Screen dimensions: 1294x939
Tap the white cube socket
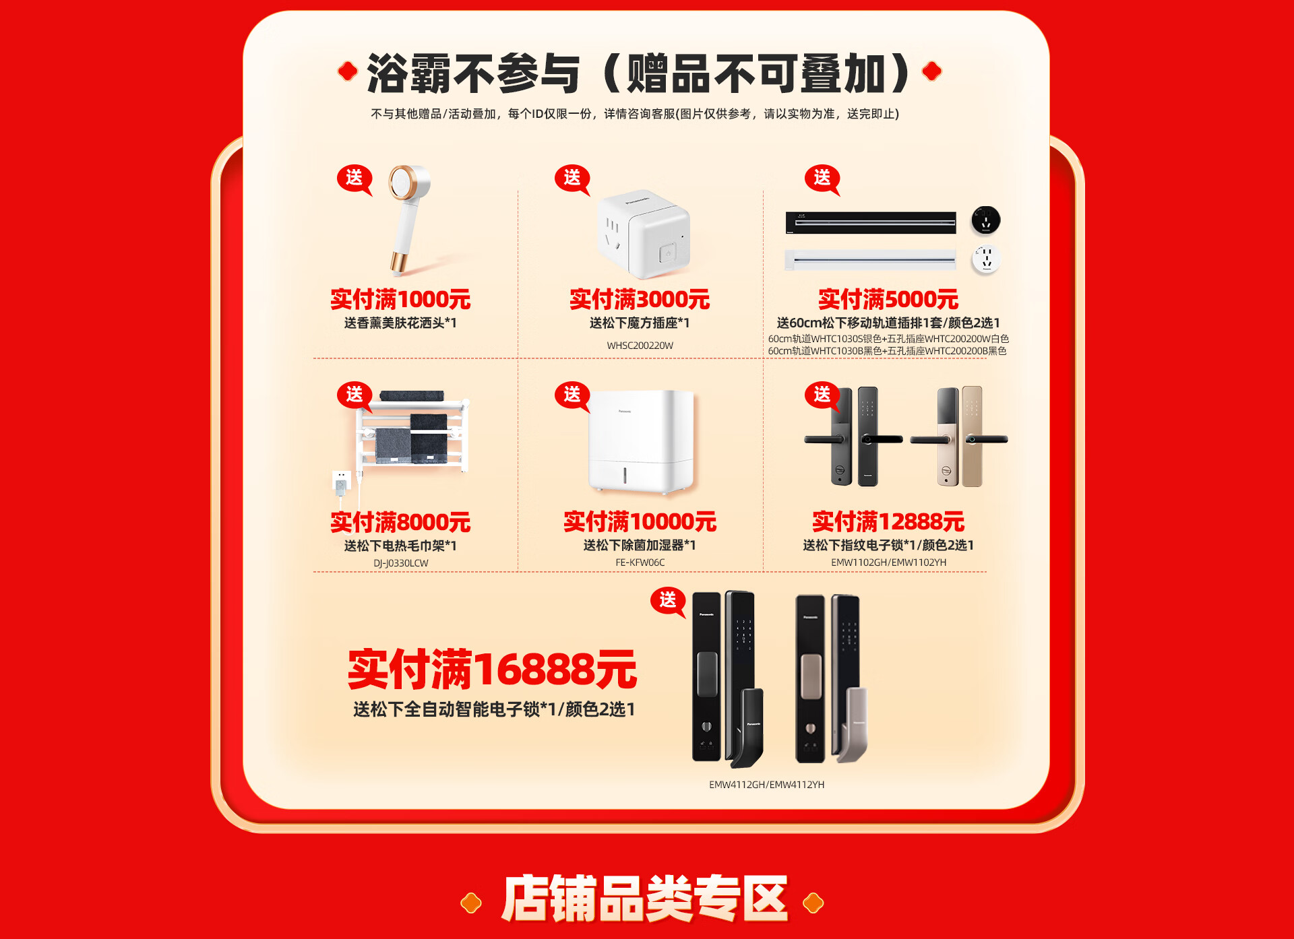[x=644, y=234]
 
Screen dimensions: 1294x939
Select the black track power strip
[x=871, y=222]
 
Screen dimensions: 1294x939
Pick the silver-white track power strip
[x=870, y=259]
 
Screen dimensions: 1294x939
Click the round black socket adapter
[x=985, y=220]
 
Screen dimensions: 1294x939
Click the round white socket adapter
[x=985, y=259]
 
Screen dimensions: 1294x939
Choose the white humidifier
[x=641, y=442]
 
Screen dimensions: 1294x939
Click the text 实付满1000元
[x=400, y=299]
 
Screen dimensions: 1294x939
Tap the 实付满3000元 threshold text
[x=640, y=299]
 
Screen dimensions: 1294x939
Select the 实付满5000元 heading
[x=888, y=299]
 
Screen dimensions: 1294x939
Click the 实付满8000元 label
[x=400, y=522]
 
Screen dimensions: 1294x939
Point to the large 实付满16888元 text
[x=492, y=670]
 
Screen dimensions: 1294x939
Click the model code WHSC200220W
[x=640, y=346]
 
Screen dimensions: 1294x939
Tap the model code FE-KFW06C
[x=640, y=562]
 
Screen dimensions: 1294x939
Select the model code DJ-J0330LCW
[x=401, y=563]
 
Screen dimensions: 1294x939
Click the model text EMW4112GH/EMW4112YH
[x=767, y=785]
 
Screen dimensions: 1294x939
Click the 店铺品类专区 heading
[x=644, y=899]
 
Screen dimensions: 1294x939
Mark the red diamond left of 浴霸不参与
[x=347, y=71]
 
